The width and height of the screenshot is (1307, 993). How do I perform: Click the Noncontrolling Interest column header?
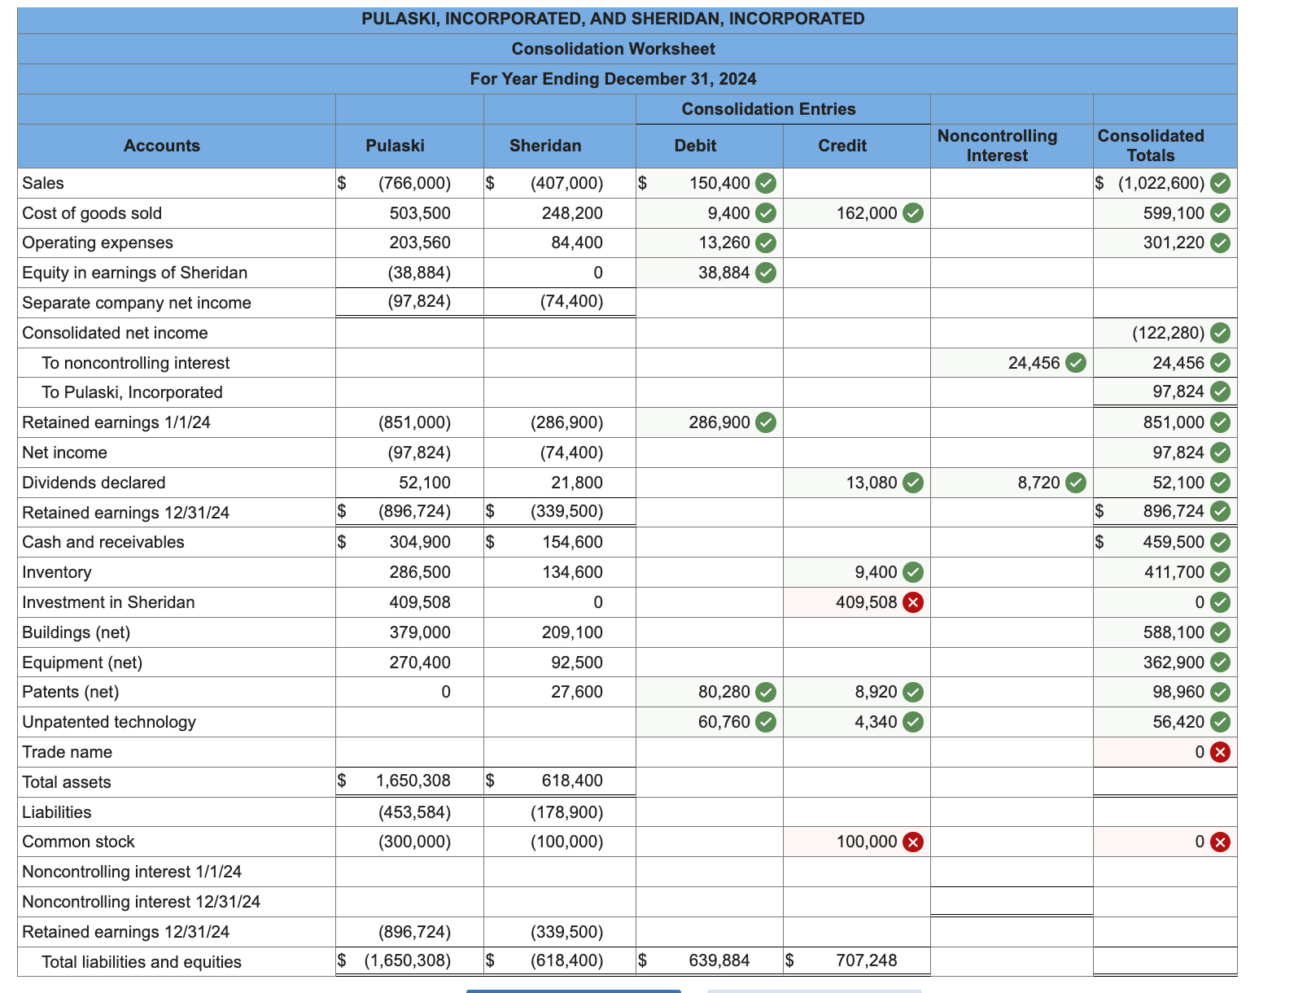tap(997, 146)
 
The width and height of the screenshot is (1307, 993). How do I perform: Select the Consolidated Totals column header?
tap(1150, 146)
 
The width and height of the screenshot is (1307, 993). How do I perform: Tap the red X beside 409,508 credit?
tap(914, 602)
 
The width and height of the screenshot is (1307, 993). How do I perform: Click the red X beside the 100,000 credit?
tap(914, 842)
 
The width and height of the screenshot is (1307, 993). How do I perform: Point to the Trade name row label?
tap(68, 752)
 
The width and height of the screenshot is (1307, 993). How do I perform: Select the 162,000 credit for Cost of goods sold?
tap(867, 213)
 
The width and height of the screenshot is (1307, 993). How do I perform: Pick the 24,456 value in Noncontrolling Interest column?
tap(1034, 363)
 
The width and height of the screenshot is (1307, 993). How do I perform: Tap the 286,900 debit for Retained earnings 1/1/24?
tap(719, 422)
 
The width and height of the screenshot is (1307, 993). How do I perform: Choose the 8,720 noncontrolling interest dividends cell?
tap(1038, 483)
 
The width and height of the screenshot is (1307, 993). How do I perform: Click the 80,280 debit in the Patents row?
tap(724, 692)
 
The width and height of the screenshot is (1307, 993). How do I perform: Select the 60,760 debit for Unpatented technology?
tap(724, 722)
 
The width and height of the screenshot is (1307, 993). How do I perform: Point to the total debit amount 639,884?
tap(719, 960)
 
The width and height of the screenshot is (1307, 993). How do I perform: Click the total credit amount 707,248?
tap(867, 960)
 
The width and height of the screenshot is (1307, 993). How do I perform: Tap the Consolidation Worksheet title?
tap(613, 49)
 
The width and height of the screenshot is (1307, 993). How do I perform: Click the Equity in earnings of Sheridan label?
tap(135, 273)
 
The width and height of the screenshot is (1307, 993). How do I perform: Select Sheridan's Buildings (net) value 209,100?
tap(572, 632)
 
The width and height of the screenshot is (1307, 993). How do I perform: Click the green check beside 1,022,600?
tap(1220, 183)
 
